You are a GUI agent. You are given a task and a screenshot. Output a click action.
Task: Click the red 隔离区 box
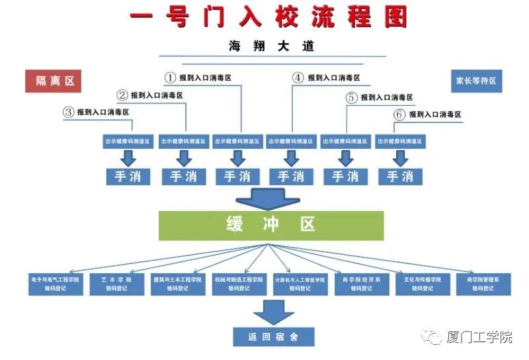(x=53, y=81)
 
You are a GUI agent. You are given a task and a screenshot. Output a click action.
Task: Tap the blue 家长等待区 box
(x=475, y=81)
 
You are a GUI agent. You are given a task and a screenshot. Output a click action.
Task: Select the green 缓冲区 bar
(x=270, y=226)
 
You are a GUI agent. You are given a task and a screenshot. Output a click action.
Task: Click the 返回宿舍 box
(x=273, y=336)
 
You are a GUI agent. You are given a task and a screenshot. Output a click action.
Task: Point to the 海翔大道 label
(x=271, y=46)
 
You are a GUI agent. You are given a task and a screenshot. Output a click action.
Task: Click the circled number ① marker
(x=171, y=78)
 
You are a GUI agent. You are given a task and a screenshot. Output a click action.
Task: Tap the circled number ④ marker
(x=298, y=78)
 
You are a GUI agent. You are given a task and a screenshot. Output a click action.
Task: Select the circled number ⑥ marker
(x=399, y=114)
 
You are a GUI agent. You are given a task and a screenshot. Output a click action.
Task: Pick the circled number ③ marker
(x=67, y=112)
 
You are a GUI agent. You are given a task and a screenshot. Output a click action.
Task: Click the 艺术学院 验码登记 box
(x=117, y=284)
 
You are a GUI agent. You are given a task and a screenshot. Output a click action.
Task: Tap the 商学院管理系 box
(x=482, y=284)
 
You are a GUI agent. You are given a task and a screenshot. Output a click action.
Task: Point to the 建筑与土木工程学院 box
(x=177, y=284)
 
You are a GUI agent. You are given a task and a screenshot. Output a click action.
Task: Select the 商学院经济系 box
(x=362, y=284)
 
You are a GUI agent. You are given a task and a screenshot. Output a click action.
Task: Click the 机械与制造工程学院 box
(x=239, y=284)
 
